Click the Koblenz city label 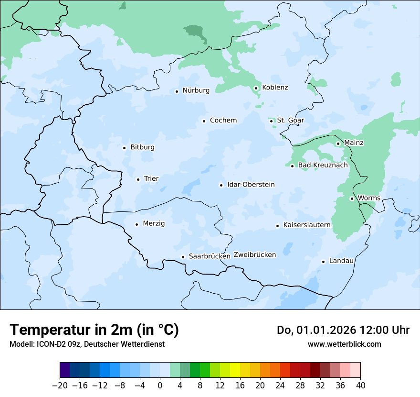pos(275,88)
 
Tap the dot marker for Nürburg pos(177,91)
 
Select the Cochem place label pos(223,121)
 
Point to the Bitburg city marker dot pos(124,148)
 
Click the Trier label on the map pos(151,179)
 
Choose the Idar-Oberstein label pos(251,185)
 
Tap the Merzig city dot pos(136,224)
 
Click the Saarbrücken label pos(209,256)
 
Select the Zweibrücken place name pos(254,255)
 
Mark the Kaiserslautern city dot pos(277,226)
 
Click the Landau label pos(341,261)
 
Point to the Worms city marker pos(352,198)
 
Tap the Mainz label pos(354,143)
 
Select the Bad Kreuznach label pos(323,165)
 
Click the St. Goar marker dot pos(271,121)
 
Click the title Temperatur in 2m pos(94,330)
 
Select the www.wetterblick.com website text pos(344,344)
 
